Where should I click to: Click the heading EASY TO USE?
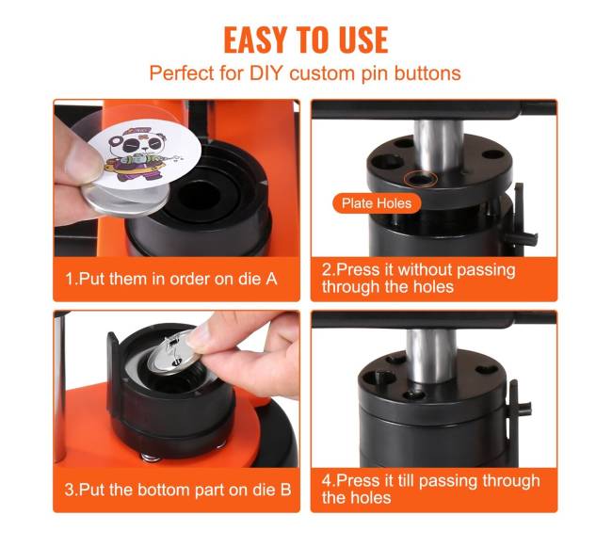pyautogui.click(x=306, y=40)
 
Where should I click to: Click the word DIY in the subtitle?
pyautogui.click(x=266, y=72)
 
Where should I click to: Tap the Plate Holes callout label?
pyautogui.click(x=377, y=202)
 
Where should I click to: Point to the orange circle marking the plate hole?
pyautogui.click(x=420, y=179)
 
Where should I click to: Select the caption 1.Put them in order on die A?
pyautogui.click(x=171, y=279)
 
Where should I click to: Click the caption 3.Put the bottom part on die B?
pyautogui.click(x=178, y=490)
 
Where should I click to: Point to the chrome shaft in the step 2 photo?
pyautogui.click(x=439, y=146)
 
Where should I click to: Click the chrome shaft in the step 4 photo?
pyautogui.click(x=431, y=356)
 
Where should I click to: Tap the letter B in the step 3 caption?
pyautogui.click(x=285, y=490)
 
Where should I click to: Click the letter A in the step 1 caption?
pyautogui.click(x=271, y=279)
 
